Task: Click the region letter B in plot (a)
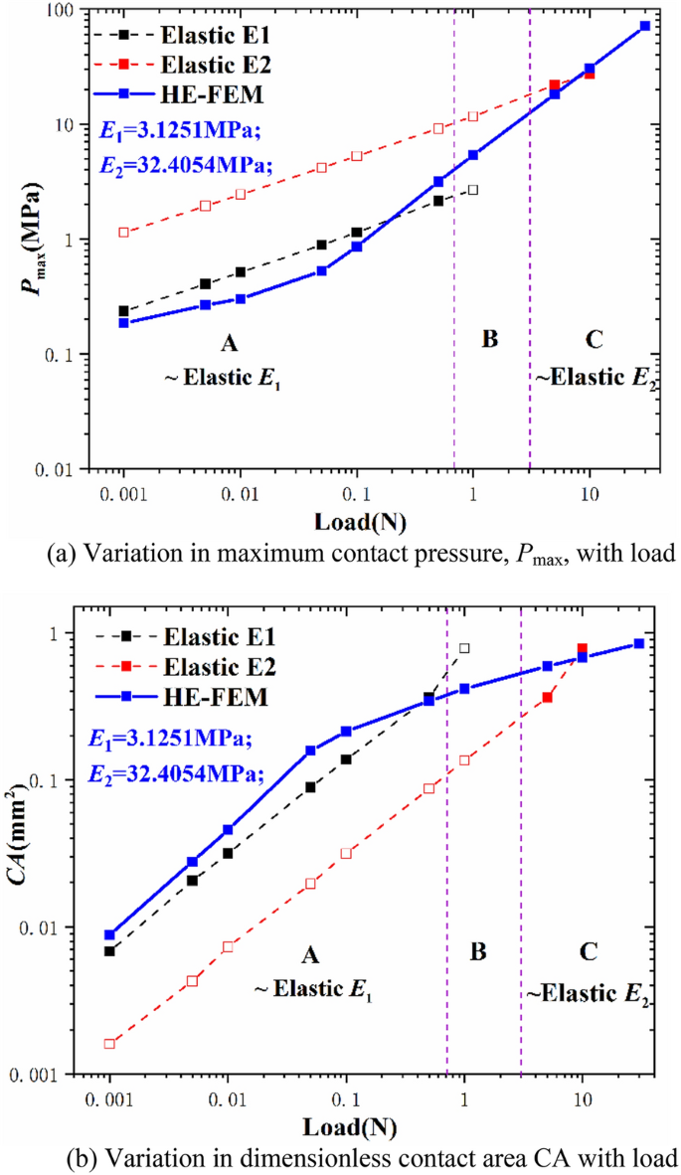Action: tap(489, 339)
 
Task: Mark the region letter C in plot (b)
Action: tap(588, 952)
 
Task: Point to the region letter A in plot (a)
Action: tap(230, 343)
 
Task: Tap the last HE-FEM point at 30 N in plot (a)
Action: tap(645, 26)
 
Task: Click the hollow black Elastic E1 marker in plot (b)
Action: tap(464, 648)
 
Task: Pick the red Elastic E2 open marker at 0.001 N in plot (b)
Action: tap(110, 1044)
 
